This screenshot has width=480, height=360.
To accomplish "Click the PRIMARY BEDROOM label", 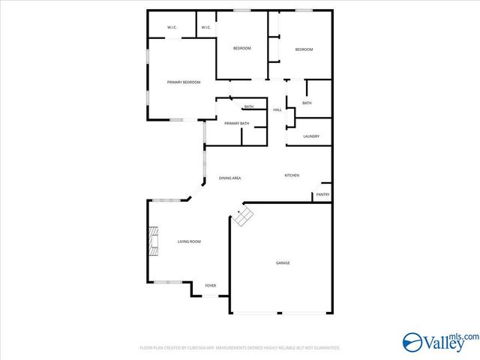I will pos(184,82).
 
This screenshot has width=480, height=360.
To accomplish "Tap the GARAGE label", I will pos(283,262).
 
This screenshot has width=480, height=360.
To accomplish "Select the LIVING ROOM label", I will pos(189,241).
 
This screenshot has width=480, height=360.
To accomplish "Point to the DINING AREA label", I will pos(229,178).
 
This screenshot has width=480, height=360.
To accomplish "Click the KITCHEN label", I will pos(292,175).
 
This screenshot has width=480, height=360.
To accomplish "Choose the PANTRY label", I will pos(322,195).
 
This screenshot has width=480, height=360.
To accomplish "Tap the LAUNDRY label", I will pos(312,136).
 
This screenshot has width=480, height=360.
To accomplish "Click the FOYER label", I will pos(211,286).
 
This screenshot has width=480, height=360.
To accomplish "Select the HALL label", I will pos(277,110).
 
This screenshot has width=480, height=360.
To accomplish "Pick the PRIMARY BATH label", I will pos(236,123).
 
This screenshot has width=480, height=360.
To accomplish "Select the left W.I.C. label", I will pos(172,28).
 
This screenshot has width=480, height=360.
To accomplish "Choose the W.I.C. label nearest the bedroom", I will pos(205,28).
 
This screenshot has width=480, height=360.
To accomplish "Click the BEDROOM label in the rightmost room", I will pos(304,49).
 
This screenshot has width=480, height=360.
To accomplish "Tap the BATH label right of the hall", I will pos(307,103).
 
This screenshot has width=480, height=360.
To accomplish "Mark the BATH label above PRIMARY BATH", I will pos(249,106).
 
